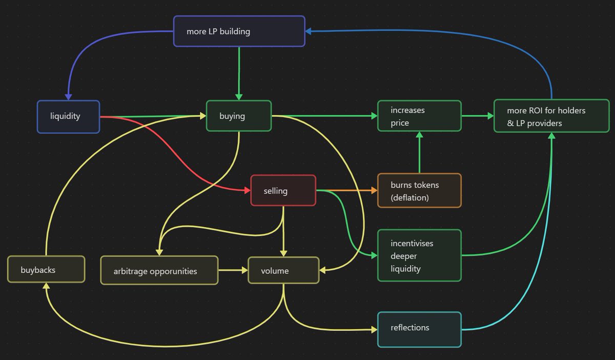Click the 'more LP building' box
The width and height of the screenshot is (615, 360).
tap(239, 31)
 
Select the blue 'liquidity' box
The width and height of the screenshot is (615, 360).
tap(68, 116)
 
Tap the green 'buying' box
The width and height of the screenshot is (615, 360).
tap(238, 116)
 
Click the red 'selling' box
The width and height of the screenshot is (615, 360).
tap(283, 191)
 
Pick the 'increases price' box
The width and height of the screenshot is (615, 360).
tap(419, 116)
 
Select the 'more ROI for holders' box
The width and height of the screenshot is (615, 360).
tap(551, 116)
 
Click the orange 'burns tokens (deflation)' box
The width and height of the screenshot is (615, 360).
tap(419, 190)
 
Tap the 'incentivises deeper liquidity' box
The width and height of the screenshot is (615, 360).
tap(419, 255)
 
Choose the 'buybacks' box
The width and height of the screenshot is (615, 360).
tap(46, 269)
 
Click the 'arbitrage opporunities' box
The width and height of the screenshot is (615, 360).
tap(159, 271)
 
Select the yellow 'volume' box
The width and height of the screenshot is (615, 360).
tap(283, 271)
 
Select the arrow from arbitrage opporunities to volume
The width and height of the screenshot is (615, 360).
tap(233, 270)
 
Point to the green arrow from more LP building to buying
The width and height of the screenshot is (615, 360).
tap(239, 72)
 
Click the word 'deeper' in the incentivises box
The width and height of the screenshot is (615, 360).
tap(404, 256)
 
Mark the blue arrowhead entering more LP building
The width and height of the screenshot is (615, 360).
tap(309, 31)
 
